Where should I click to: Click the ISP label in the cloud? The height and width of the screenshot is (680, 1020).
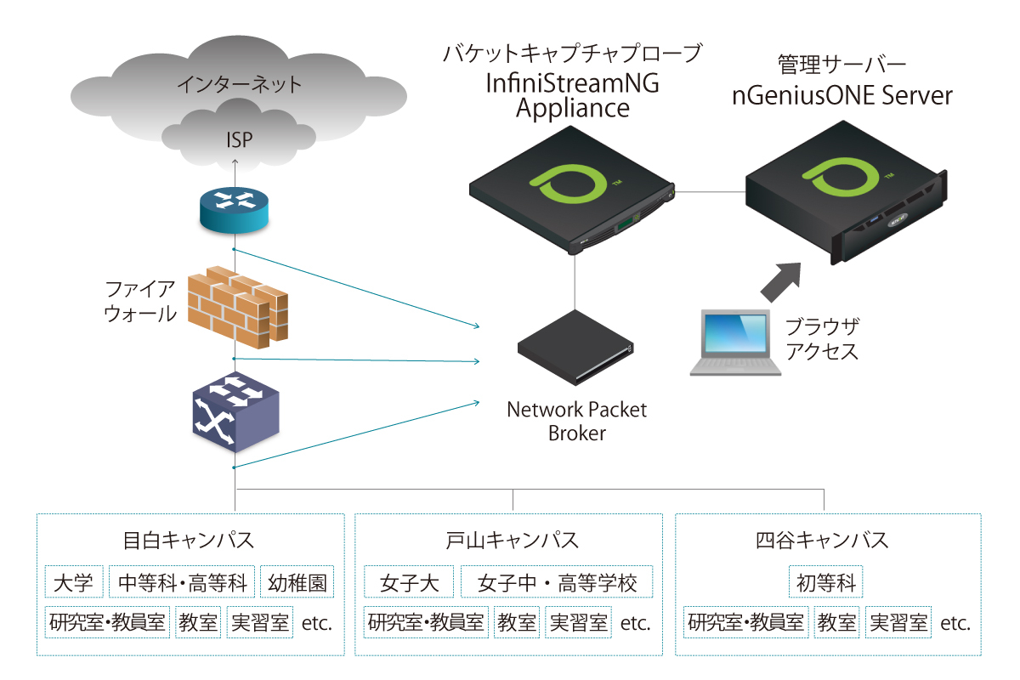coord(240,139)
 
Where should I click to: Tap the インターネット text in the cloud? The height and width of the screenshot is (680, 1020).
coord(240,85)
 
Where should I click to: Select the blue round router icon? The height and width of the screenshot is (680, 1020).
coord(233,209)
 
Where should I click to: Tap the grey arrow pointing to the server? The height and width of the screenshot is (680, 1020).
coord(781,281)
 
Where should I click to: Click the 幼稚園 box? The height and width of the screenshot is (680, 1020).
coord(297,583)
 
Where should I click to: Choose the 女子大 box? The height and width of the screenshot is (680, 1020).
coord(409,583)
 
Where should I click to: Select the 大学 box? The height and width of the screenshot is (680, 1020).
coord(75,583)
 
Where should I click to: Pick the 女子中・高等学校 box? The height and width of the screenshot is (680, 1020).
coord(557,583)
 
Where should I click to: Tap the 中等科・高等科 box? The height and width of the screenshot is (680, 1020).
coord(183,583)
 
